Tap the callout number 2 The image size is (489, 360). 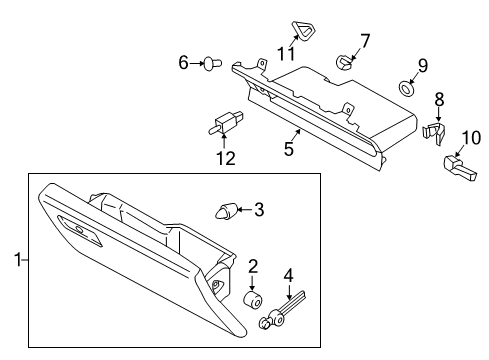[253, 266]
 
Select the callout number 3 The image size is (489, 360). [259, 210]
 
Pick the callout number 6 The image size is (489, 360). [183, 63]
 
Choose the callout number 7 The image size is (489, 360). [364, 41]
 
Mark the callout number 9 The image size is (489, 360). [422, 66]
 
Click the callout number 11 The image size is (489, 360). [286, 53]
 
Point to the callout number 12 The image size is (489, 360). [226, 158]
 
